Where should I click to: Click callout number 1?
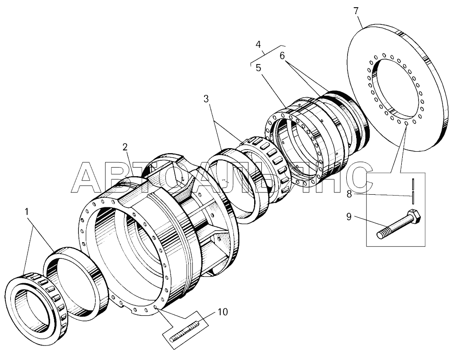coord(27,212)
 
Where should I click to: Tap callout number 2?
coord(125,147)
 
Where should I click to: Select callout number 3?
coord(206,99)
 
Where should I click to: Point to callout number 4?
coord(258,45)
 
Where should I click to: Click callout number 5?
coord(258,68)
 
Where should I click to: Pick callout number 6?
coord(282,56)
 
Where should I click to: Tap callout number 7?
coord(356,11)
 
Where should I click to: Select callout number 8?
coord(349,194)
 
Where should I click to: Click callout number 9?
coord(349,216)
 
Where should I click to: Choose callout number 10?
coord(223,312)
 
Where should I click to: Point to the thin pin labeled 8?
coord(413,191)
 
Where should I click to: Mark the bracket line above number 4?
coord(268,55)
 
